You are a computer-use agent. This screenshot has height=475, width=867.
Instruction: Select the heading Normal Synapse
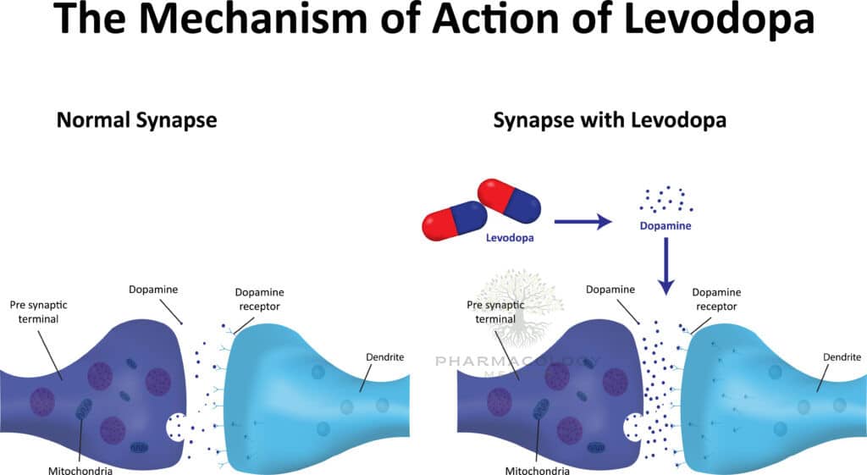(x=136, y=120)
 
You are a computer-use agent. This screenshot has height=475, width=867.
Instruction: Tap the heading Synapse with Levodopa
(x=610, y=120)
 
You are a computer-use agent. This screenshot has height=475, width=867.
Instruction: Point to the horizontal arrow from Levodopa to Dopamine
(x=582, y=223)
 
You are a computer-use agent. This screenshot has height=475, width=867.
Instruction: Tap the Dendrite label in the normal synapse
(x=384, y=356)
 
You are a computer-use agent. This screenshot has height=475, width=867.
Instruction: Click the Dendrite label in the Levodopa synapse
(x=842, y=356)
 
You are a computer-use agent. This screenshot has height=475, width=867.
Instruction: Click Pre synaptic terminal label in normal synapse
(x=38, y=310)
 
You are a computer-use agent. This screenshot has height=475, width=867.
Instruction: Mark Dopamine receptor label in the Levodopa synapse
(x=716, y=297)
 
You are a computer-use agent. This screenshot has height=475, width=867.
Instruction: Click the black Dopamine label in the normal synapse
(x=153, y=290)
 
